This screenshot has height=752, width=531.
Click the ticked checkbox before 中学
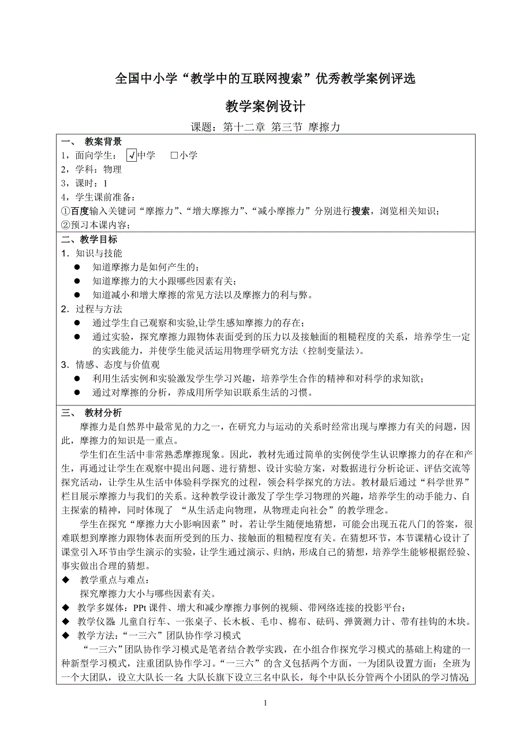[131, 155]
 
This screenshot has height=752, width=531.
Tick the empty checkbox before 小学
[174, 155]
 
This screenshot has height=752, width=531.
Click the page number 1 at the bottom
[265, 703]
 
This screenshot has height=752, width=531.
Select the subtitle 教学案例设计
[265, 107]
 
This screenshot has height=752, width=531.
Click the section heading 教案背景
[103, 142]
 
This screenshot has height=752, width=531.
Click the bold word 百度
[80, 211]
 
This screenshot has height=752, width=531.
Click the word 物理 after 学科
[113, 169]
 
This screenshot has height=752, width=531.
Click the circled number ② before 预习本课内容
[65, 225]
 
